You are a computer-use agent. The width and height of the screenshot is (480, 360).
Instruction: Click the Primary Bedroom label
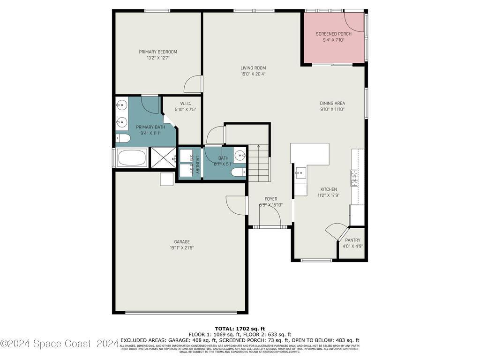point(158,52)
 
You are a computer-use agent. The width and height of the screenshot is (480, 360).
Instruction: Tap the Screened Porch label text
point(333,34)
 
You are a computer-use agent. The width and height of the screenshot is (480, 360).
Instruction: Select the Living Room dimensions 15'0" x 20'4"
point(253,74)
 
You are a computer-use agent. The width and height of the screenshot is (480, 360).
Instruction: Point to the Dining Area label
point(332,103)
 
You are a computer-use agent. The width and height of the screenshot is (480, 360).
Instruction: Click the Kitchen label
point(327,189)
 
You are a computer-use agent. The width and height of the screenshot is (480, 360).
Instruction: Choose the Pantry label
point(352,240)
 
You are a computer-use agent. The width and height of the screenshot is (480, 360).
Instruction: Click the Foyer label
point(271,199)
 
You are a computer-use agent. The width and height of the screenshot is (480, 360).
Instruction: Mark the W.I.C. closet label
point(185,104)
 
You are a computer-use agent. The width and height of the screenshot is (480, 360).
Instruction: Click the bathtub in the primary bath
point(132,157)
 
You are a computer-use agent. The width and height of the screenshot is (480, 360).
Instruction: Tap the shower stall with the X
point(163,157)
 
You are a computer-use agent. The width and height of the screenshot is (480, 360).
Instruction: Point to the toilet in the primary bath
point(123,138)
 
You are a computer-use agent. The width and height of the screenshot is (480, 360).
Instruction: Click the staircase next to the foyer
point(259,164)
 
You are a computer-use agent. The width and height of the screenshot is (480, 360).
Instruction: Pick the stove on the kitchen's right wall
point(354,177)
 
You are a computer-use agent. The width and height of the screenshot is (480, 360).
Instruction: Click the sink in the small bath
point(240,155)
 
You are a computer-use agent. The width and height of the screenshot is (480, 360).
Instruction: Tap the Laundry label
point(197,164)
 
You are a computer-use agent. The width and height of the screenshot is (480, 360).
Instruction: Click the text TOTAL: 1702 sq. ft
point(240,328)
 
